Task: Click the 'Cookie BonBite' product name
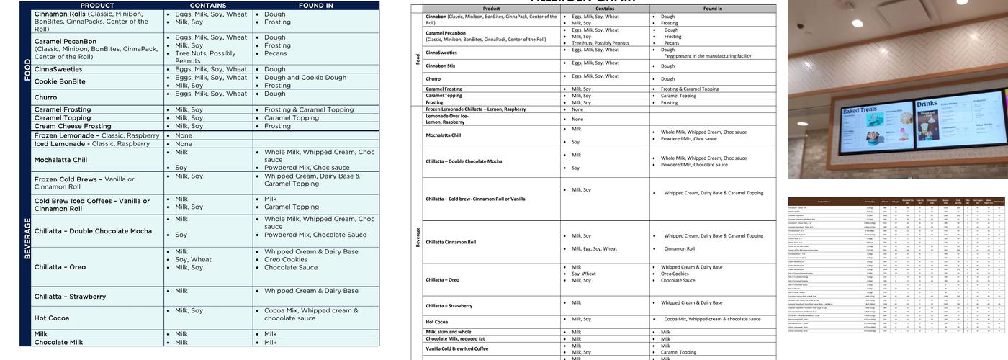click(x=60, y=81)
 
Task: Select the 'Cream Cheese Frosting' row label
click(x=73, y=126)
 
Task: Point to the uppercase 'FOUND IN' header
click(x=315, y=5)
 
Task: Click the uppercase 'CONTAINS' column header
click(x=208, y=5)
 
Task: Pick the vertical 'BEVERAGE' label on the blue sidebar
click(x=27, y=238)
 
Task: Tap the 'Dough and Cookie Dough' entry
click(x=305, y=77)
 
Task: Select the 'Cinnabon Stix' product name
click(x=440, y=66)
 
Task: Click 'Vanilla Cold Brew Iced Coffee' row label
click(x=456, y=348)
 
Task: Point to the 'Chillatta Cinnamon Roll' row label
click(x=451, y=242)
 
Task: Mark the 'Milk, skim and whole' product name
click(x=449, y=332)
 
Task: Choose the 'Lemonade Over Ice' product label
click(x=446, y=119)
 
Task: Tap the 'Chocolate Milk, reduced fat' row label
click(x=455, y=338)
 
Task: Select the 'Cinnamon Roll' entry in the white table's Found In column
click(x=680, y=249)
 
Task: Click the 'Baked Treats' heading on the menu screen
click(x=860, y=112)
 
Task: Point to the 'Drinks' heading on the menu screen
click(x=927, y=104)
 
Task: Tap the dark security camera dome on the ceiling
click(x=801, y=26)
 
